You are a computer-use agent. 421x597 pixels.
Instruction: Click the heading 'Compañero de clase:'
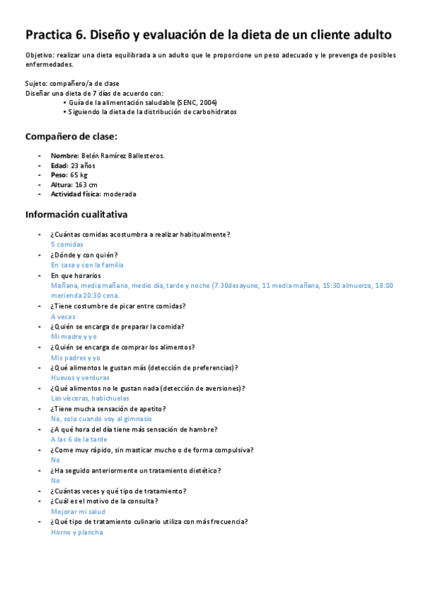click(71, 137)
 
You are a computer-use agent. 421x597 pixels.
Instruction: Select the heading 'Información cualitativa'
click(77, 214)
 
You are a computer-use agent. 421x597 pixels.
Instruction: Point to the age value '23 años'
click(83, 165)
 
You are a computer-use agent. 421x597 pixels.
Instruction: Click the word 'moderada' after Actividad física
click(120, 194)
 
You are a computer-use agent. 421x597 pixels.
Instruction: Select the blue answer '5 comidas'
click(67, 244)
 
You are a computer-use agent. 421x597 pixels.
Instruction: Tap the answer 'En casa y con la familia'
click(87, 265)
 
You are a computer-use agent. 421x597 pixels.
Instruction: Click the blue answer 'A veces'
click(63, 316)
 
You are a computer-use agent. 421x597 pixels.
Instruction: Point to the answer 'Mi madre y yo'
click(74, 337)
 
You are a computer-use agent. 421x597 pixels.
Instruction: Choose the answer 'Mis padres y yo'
click(76, 358)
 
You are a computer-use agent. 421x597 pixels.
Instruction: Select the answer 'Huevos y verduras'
click(80, 377)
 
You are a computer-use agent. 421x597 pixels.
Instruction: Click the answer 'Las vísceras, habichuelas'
click(90, 398)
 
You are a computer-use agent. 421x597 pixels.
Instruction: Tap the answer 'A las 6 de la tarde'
click(79, 439)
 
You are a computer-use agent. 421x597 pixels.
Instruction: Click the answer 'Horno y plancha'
click(77, 532)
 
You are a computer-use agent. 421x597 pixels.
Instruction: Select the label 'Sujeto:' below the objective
click(37, 83)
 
